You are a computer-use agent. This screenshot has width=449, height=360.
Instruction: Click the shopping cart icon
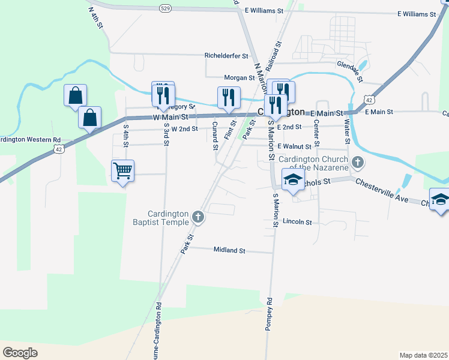122,171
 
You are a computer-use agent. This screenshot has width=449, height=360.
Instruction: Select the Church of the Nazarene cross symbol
358,161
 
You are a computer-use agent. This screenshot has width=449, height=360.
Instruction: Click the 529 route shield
166,7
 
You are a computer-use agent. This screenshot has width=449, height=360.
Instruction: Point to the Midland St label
230,250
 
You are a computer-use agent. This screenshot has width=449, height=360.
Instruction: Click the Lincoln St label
298,222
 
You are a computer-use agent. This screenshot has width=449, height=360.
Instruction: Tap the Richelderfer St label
226,56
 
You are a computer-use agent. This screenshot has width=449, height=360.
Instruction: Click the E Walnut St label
294,146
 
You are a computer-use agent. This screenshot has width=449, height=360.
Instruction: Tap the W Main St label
171,118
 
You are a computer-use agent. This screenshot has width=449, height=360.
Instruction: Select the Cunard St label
214,135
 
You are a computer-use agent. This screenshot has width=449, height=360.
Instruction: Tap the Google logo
20,353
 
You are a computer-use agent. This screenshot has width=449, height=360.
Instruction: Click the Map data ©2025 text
423,355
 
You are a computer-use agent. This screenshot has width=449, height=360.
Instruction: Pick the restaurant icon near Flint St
228,97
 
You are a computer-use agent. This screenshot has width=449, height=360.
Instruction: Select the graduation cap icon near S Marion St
293,181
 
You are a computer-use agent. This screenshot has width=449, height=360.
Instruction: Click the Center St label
316,134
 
